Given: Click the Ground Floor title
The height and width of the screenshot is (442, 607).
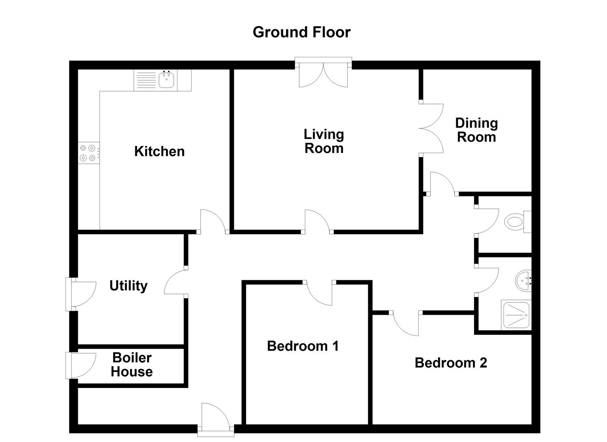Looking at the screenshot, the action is click(x=301, y=33).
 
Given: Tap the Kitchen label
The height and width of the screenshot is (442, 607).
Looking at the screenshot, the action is click(x=159, y=151).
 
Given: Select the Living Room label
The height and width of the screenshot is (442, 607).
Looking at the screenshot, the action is click(x=324, y=141).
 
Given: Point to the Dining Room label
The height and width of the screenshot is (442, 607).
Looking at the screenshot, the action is click(x=476, y=130).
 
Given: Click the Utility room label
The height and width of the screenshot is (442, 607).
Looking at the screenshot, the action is click(x=128, y=286).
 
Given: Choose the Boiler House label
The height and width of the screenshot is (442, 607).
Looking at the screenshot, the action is click(x=132, y=365).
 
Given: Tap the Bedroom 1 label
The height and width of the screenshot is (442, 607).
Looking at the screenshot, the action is click(x=303, y=346).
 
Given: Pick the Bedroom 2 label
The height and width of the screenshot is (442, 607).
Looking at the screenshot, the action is click(x=451, y=363).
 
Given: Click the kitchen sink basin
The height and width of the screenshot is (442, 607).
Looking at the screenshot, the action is click(x=166, y=79).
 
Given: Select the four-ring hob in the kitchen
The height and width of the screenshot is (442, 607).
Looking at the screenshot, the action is click(x=89, y=153).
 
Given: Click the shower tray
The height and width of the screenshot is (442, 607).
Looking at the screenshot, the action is click(x=516, y=315).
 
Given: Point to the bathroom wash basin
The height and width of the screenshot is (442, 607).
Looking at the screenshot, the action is click(x=523, y=281).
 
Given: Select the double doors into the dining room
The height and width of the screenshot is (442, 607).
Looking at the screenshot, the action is click(x=431, y=129).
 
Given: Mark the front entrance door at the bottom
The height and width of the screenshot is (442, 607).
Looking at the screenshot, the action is click(x=216, y=420).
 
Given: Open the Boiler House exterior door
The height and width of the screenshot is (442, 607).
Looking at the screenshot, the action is click(x=81, y=366).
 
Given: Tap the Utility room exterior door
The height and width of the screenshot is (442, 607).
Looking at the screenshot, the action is click(x=81, y=294).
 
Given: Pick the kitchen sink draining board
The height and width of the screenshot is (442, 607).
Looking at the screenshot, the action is click(x=146, y=80).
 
